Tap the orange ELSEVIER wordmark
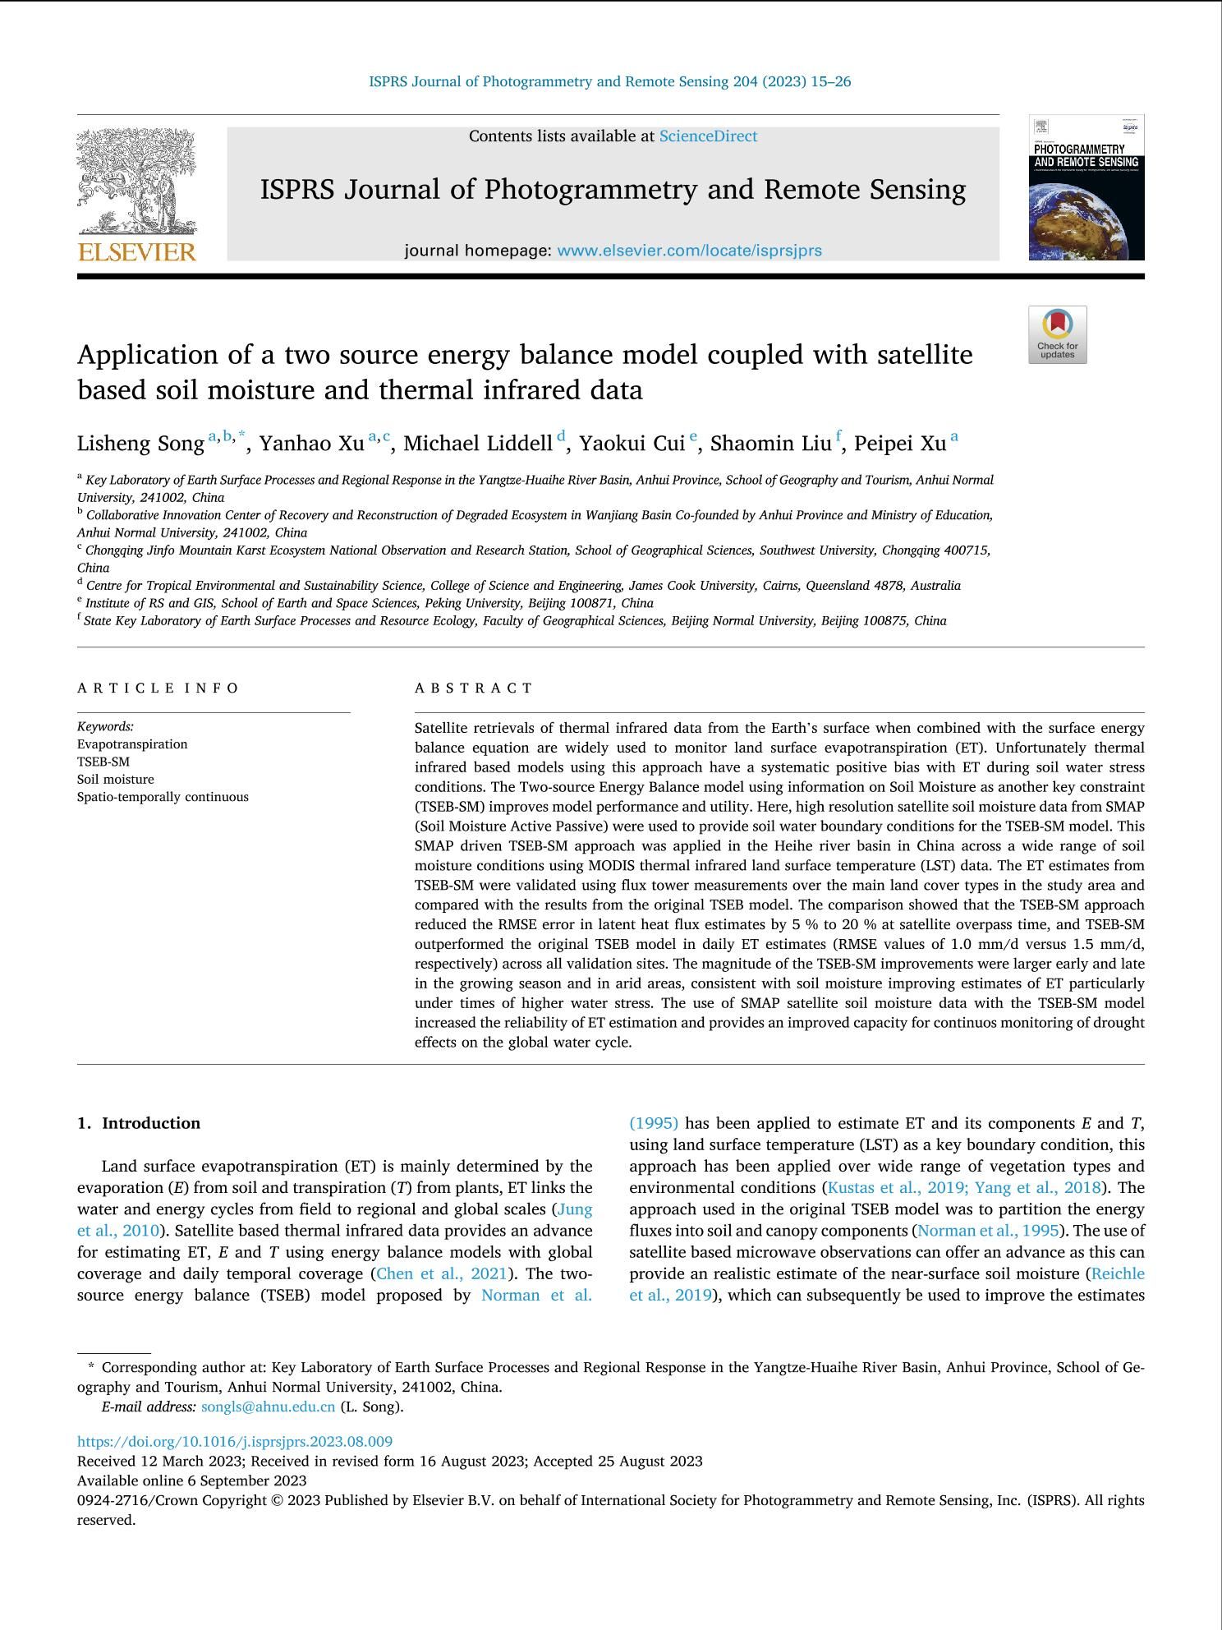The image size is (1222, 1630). pyautogui.click(x=137, y=251)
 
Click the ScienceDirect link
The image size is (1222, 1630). pyautogui.click(x=708, y=136)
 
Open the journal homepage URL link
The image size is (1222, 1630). pyautogui.click(x=689, y=251)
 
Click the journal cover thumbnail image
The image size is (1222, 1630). pyautogui.click(x=1086, y=188)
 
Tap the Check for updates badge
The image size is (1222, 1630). pyautogui.click(x=1057, y=334)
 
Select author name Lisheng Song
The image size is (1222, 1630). pyautogui.click(x=140, y=444)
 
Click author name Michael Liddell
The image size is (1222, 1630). pyautogui.click(x=477, y=444)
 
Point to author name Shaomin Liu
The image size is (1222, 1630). pyautogui.click(x=770, y=444)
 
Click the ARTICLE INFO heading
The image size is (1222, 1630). pyautogui.click(x=158, y=688)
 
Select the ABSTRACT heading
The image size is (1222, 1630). pyautogui.click(x=474, y=688)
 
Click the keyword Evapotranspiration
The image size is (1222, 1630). pyautogui.click(x=132, y=744)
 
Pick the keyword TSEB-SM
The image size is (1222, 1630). pyautogui.click(x=103, y=762)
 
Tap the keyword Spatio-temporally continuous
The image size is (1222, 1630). pyautogui.click(x=163, y=797)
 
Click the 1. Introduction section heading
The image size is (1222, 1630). pyautogui.click(x=139, y=1123)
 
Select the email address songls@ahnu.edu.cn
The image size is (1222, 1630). pyautogui.click(x=268, y=1406)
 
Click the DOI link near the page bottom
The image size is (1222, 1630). pyautogui.click(x=235, y=1441)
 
